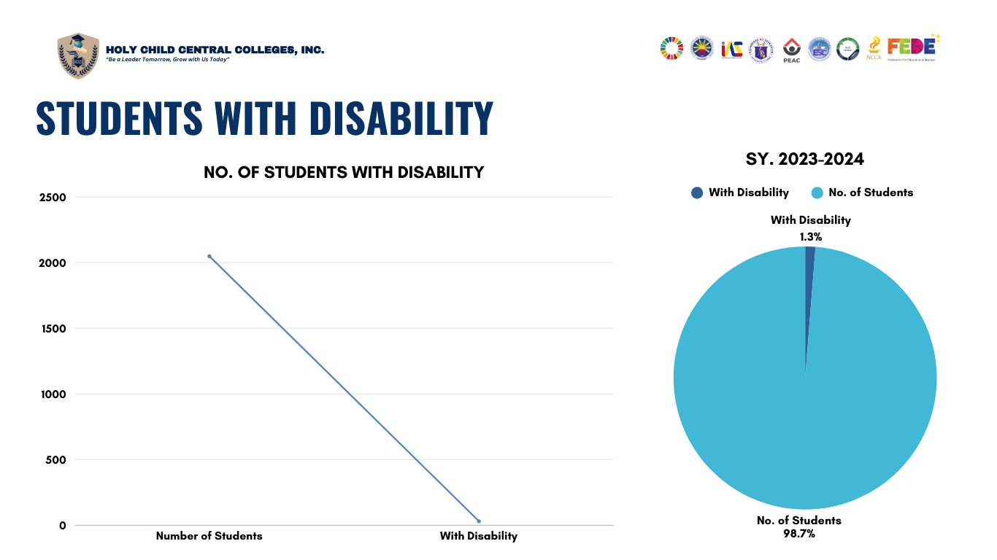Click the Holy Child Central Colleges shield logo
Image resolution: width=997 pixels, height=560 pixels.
tap(78, 55)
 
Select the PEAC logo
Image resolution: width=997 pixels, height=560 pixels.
tap(792, 50)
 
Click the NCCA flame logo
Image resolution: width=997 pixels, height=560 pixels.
tap(874, 48)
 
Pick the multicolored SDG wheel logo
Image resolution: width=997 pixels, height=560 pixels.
tap(671, 48)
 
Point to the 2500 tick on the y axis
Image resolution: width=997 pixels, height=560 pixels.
tap(52, 198)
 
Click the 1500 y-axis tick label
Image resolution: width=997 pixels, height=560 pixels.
tap(52, 329)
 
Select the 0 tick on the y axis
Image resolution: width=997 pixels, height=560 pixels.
tap(63, 526)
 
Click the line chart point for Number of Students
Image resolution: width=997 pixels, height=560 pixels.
tap(209, 256)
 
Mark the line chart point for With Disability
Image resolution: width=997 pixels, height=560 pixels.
tap(479, 521)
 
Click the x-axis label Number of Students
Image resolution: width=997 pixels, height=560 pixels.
tap(209, 536)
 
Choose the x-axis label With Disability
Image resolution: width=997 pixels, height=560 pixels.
tap(478, 536)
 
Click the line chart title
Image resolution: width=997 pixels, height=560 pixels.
tap(344, 173)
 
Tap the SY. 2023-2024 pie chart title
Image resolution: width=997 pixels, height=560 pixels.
tap(804, 159)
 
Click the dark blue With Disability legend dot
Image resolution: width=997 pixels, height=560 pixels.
tap(697, 192)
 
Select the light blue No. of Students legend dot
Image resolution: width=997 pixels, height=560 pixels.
tap(817, 192)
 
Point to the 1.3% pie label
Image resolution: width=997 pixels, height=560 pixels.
tap(811, 236)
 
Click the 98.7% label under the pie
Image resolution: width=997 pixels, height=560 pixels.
tap(798, 534)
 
